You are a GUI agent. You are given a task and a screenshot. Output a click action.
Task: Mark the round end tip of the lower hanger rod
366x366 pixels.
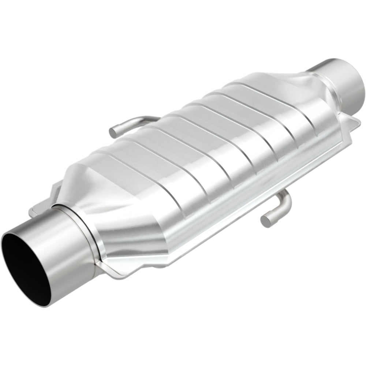pyautogui.click(x=264, y=220)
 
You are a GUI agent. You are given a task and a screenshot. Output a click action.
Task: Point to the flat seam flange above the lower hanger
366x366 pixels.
pyautogui.click(x=256, y=190)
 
